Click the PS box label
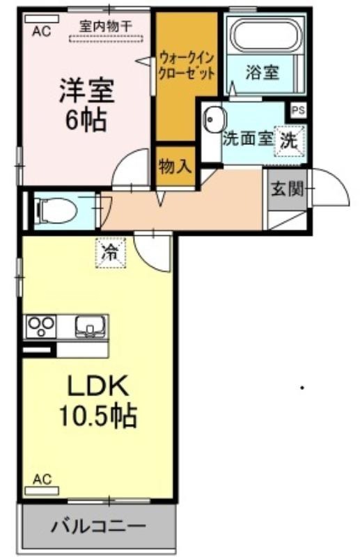(x=299, y=111)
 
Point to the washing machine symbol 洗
(x=290, y=141)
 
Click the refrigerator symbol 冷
(x=110, y=253)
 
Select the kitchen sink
(x=91, y=327)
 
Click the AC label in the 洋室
(x=42, y=31)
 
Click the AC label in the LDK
(x=42, y=480)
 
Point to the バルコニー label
(x=98, y=526)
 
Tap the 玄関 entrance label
(x=288, y=189)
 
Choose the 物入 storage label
(x=175, y=166)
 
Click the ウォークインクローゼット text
(x=187, y=65)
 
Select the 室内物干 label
(x=106, y=26)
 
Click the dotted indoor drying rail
(x=106, y=39)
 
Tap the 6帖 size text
(x=86, y=120)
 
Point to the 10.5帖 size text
(x=98, y=416)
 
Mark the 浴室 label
(x=263, y=72)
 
